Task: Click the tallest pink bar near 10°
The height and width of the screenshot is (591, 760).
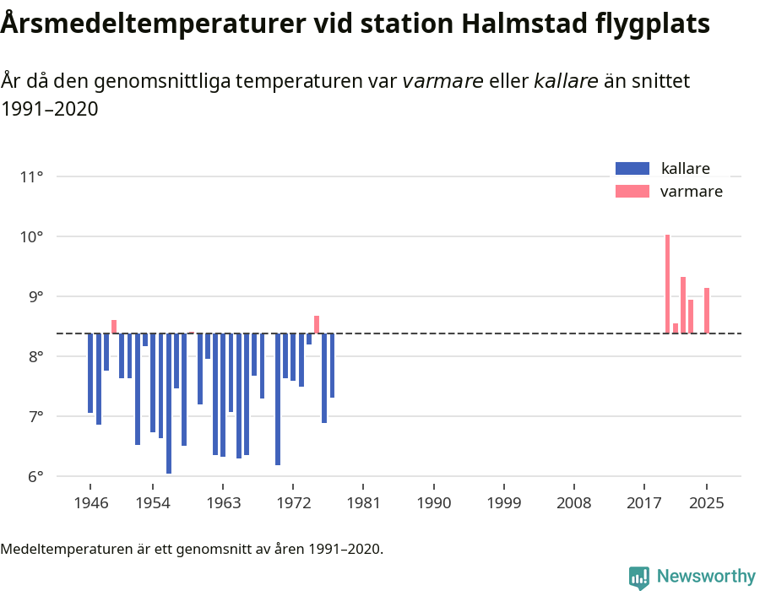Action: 667,284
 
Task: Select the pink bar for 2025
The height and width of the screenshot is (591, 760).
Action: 707,311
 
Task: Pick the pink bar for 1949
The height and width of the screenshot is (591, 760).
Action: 114,327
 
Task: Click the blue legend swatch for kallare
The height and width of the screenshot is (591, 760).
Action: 632,168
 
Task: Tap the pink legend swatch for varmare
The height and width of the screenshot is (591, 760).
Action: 632,192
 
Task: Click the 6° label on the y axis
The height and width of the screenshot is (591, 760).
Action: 35,476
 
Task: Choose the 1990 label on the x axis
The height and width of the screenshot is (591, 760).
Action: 433,504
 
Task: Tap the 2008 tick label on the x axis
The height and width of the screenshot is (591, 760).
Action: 573,504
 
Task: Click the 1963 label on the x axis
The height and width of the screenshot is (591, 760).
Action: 222,504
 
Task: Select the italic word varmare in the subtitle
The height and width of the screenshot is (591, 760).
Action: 442,81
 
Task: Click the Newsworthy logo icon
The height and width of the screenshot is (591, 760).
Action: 639,577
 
